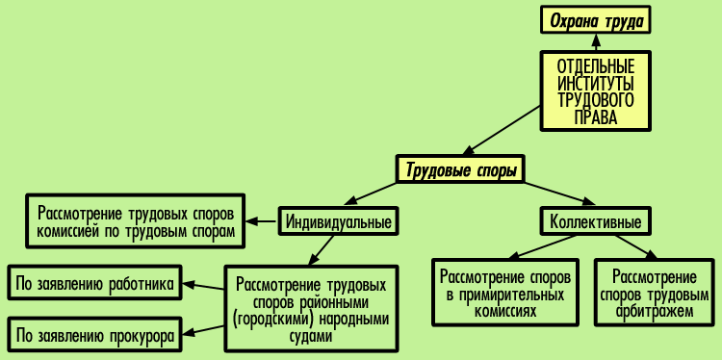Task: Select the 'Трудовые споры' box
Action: point(461,171)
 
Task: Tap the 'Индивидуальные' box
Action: point(339,222)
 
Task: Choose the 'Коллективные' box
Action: point(595,222)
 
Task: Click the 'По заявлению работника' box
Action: point(93,284)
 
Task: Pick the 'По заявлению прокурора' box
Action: point(93,336)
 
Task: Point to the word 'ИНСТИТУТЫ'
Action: point(597,83)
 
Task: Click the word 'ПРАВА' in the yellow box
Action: point(597,117)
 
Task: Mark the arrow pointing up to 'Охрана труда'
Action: point(597,43)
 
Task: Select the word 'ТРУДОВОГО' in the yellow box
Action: point(597,100)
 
